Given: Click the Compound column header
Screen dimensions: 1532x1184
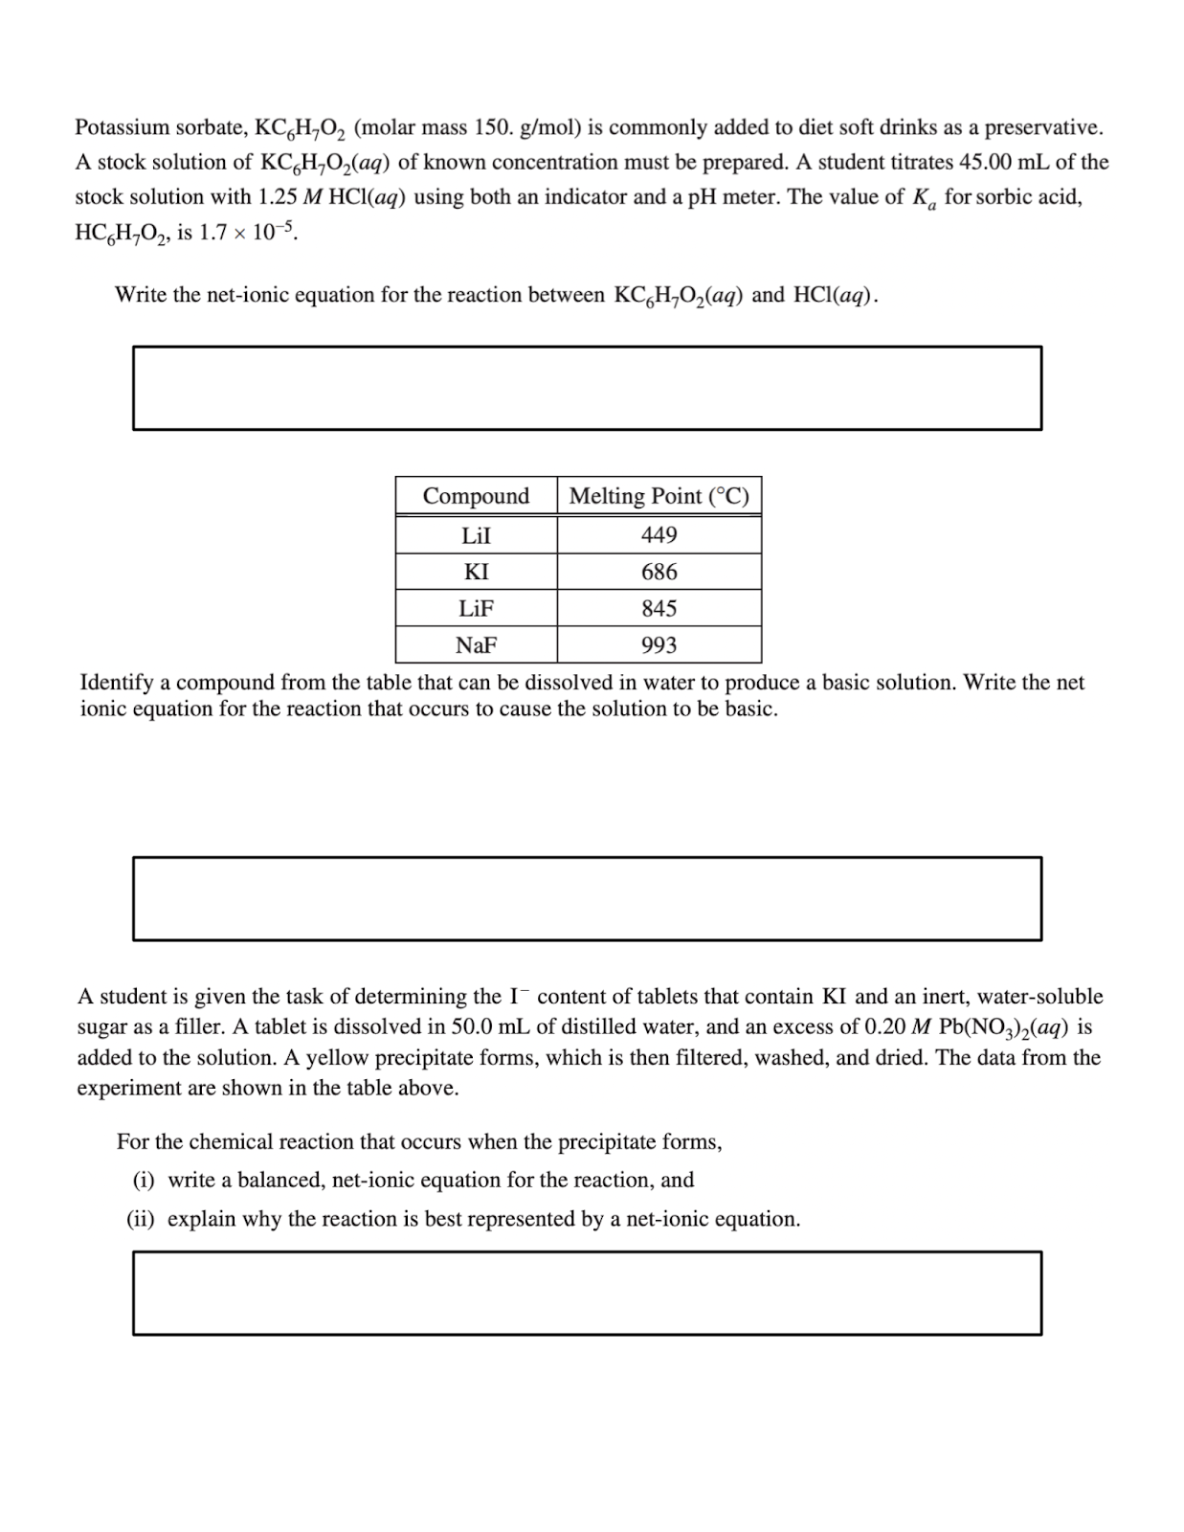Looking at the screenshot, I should tap(476, 496).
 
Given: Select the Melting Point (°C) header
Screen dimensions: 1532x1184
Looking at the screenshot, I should tap(659, 496).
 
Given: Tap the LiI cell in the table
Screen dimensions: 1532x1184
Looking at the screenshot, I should tap(476, 535).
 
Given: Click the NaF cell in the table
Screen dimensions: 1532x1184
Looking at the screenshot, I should tap(476, 645).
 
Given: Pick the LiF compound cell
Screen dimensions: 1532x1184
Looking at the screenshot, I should tap(476, 609).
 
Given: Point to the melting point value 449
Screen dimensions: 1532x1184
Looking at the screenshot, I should tap(659, 535).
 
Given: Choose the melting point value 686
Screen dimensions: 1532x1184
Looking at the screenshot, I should tap(659, 573).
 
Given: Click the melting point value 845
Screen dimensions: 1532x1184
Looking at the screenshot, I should tap(659, 609).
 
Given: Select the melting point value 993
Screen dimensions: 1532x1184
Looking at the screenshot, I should tap(659, 645).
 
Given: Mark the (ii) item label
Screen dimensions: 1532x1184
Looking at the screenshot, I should tap(144, 1220).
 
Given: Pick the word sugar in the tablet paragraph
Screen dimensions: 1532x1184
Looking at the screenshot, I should tap(102, 1027).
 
